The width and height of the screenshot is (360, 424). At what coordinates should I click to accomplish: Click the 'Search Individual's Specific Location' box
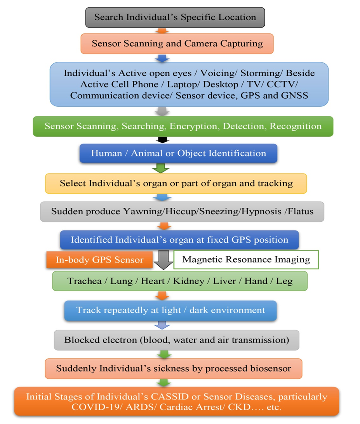point(175,17)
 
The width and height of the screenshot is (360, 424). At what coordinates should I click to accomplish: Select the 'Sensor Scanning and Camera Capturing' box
point(177,43)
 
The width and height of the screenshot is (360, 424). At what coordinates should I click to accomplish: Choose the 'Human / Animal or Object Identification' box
point(178,153)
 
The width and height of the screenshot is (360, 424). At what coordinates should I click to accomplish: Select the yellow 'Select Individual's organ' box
point(176,183)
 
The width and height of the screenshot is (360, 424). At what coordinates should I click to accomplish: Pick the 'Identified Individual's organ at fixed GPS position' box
point(179,240)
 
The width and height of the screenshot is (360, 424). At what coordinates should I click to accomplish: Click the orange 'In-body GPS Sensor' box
point(99,260)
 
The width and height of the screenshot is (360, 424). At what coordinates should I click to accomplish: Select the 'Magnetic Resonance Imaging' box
point(246,259)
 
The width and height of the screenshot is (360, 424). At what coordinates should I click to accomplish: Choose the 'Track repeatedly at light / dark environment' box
point(170,310)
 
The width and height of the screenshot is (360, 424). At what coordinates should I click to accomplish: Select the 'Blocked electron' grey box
point(176,340)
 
